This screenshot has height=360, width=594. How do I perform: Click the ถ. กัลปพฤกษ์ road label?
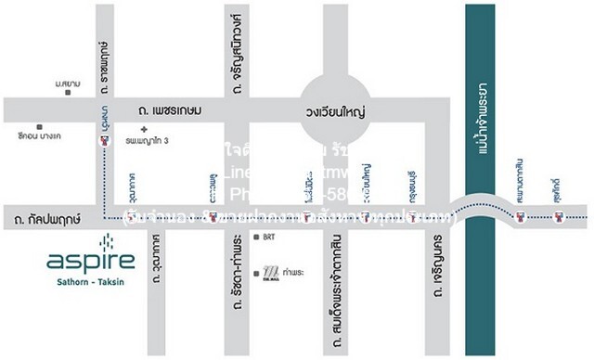pos(43,221)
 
